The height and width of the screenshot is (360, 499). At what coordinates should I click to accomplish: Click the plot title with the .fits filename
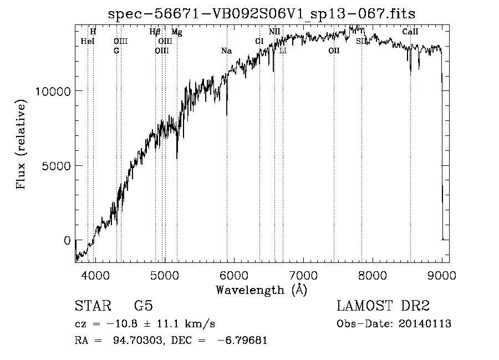(262, 14)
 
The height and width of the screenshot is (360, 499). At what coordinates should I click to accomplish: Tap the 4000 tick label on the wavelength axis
(95, 275)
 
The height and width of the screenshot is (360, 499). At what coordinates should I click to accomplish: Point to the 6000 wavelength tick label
(234, 275)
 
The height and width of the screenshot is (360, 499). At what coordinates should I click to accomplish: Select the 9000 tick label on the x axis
(442, 275)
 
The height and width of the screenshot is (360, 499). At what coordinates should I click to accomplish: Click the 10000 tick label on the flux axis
(53, 92)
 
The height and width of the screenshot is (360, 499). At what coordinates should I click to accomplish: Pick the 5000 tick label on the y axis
(57, 166)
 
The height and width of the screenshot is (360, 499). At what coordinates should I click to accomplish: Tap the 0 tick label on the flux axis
(67, 241)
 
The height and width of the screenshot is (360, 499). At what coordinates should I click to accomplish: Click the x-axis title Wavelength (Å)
(262, 290)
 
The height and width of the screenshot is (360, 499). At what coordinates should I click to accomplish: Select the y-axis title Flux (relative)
(21, 144)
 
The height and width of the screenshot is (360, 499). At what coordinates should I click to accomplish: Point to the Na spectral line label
(227, 51)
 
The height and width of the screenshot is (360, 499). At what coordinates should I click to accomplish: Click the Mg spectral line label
(177, 32)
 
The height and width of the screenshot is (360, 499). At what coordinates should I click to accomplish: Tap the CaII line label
(410, 32)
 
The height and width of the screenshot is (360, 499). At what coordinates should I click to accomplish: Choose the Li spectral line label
(283, 50)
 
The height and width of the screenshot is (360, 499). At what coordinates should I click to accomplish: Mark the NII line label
(274, 32)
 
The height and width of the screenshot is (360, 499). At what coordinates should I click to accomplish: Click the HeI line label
(88, 41)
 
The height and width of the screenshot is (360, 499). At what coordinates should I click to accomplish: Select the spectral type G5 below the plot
(144, 306)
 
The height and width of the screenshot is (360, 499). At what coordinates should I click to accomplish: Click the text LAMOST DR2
(383, 306)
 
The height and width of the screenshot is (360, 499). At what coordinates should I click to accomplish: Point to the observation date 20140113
(425, 324)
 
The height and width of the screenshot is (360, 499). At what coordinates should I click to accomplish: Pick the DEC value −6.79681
(242, 340)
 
